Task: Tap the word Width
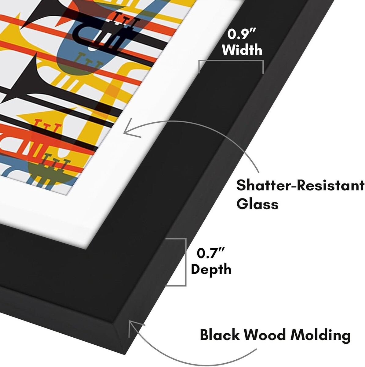coord(242,50)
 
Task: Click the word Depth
coord(211,269)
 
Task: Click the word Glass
coord(257,204)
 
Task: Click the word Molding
coord(320,335)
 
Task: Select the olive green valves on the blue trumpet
coord(89,59)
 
